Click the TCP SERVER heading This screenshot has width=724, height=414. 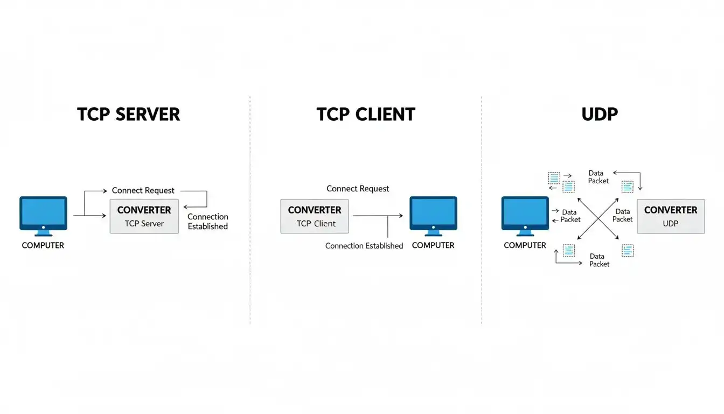pyautogui.click(x=128, y=114)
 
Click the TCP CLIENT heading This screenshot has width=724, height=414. pyautogui.click(x=366, y=114)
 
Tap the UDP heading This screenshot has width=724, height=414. pyautogui.click(x=600, y=114)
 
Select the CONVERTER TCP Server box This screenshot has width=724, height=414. pyautogui.click(x=144, y=216)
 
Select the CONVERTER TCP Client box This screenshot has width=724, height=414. pyautogui.click(x=315, y=216)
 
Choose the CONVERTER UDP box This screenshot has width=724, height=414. pyautogui.click(x=671, y=216)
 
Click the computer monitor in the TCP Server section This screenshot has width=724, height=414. pyautogui.click(x=43, y=216)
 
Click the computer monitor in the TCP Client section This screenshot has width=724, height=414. pyautogui.click(x=433, y=216)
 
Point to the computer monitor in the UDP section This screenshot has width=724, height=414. pyautogui.click(x=525, y=216)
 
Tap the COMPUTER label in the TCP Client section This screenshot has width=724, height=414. pyautogui.click(x=433, y=245)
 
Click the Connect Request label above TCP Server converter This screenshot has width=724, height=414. pyautogui.click(x=143, y=190)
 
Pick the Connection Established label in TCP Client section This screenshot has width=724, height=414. pyautogui.click(x=364, y=246)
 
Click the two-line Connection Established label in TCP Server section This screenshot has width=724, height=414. pyautogui.click(x=208, y=222)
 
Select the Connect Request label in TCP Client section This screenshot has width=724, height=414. pyautogui.click(x=358, y=189)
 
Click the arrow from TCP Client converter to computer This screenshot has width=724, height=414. pyautogui.click(x=378, y=216)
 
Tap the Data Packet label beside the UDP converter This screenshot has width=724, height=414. pyautogui.click(x=623, y=216)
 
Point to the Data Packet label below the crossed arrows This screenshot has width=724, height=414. pyautogui.click(x=599, y=260)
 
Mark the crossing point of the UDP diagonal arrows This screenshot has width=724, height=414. pyautogui.click(x=598, y=219)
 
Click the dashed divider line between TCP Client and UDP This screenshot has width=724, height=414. pyautogui.click(x=482, y=210)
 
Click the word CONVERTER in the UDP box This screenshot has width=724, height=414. pyautogui.click(x=671, y=210)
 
